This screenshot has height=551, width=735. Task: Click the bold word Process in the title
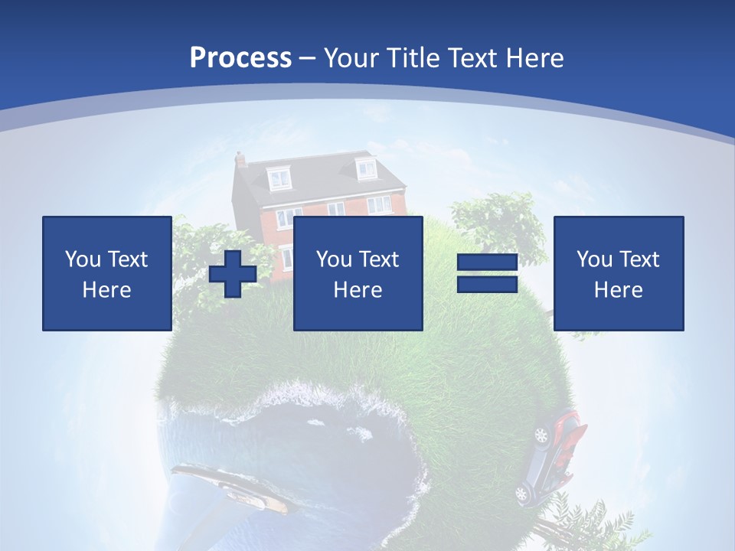(x=240, y=57)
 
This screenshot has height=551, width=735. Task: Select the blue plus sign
(x=233, y=273)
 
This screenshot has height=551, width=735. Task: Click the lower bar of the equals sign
(x=487, y=284)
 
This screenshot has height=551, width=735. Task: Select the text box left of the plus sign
(x=106, y=273)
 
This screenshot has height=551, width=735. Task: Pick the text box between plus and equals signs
(x=358, y=273)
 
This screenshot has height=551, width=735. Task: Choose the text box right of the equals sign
(x=618, y=273)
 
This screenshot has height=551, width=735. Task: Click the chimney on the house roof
(x=240, y=159)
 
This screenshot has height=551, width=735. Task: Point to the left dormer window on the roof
(x=279, y=178)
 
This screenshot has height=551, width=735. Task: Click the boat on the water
(x=229, y=486)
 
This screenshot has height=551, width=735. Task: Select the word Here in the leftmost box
(x=106, y=289)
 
